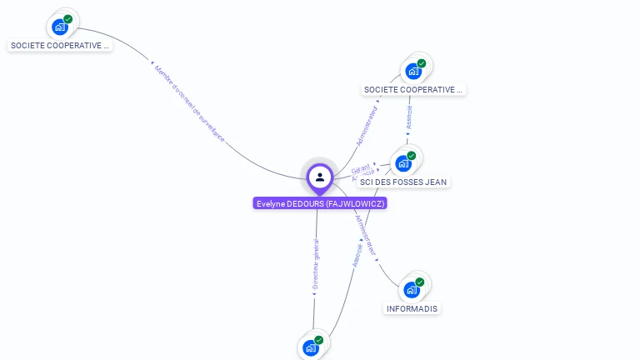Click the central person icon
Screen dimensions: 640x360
(x=320, y=177)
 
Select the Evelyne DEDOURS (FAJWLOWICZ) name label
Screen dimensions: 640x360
(x=320, y=203)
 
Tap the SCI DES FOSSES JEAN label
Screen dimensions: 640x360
(x=404, y=182)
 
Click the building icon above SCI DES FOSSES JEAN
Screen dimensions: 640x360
(x=404, y=163)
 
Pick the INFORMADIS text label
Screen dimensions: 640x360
(x=412, y=308)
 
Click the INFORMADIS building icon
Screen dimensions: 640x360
(x=412, y=290)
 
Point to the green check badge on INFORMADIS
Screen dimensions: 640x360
(x=420, y=282)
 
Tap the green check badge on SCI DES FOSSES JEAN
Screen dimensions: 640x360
(x=412, y=156)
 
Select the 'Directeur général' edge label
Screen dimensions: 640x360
(x=315, y=264)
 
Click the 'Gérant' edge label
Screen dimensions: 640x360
(x=361, y=169)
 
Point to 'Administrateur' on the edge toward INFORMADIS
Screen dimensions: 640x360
(x=366, y=235)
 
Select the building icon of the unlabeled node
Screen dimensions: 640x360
(x=311, y=347)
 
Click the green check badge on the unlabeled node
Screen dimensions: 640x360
(x=318, y=340)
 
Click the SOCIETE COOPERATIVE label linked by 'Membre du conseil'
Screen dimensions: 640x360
(x=60, y=46)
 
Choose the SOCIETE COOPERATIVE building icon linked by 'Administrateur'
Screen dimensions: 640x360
(x=413, y=71)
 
